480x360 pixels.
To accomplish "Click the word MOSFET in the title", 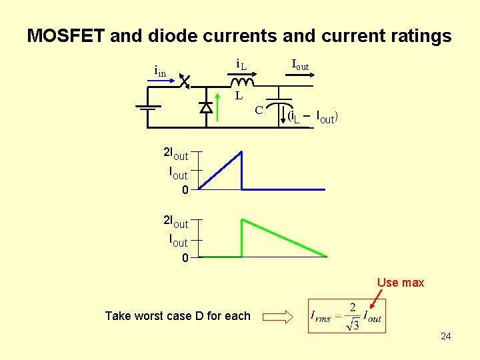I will click(x=65, y=36).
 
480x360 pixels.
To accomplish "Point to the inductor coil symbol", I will click(x=242, y=82).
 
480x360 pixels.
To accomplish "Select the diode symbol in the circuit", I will click(x=206, y=107).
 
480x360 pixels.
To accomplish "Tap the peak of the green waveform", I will click(x=242, y=219).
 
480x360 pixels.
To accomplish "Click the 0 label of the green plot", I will click(x=185, y=259).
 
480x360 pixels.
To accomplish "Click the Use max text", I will click(x=401, y=283).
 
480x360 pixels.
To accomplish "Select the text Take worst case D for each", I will click(x=177, y=316).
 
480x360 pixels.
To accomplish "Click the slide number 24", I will click(x=445, y=336).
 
